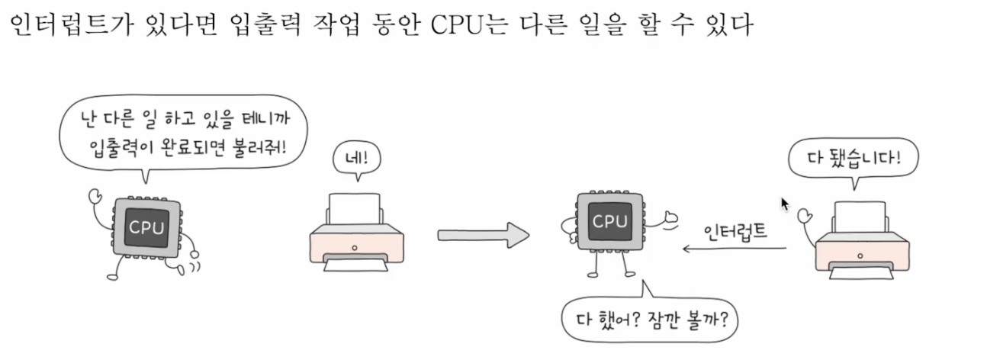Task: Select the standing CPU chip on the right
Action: tap(609, 223)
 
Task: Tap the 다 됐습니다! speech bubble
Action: tap(854, 159)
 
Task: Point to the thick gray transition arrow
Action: tap(483, 235)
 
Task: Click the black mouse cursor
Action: tap(784, 204)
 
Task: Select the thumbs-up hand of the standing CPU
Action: tap(670, 220)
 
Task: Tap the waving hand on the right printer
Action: tap(803, 217)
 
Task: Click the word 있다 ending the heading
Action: tap(731, 26)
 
